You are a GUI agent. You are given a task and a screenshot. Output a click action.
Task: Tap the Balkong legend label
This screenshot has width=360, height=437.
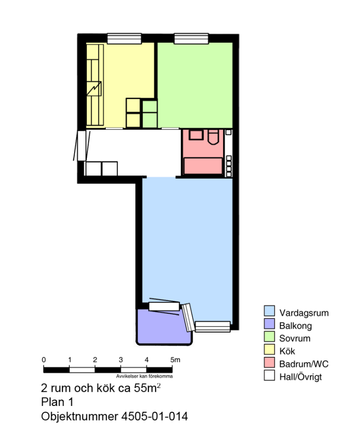pos(295,326)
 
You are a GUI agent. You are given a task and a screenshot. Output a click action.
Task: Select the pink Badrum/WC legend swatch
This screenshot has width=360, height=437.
pos(269,362)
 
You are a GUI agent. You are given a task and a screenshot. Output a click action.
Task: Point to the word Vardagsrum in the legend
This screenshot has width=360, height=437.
pos(304,313)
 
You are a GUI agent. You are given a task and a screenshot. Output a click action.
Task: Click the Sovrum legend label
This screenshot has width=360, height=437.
pos(295,338)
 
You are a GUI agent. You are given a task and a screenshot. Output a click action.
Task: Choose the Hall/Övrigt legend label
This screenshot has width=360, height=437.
pos(300,377)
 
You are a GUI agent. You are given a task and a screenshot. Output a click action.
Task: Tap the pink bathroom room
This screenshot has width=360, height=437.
pos(203,152)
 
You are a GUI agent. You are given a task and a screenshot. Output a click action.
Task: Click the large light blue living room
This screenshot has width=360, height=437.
pos(187,240)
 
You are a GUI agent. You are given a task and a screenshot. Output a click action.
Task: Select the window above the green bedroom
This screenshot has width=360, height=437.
pos(191,38)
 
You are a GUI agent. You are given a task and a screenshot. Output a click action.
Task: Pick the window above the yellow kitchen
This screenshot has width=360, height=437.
pos(124,38)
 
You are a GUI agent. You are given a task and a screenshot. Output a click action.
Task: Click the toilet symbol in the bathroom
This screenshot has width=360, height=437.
pos(213,137)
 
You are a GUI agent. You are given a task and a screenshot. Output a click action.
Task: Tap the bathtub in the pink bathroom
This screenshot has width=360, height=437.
pos(203,166)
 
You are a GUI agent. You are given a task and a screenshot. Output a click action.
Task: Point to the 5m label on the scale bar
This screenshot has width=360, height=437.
pos(176,360)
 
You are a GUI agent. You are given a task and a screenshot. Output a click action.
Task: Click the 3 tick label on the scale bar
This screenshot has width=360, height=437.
pos(120,360)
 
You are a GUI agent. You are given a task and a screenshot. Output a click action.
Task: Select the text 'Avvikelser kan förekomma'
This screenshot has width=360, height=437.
pos(144,376)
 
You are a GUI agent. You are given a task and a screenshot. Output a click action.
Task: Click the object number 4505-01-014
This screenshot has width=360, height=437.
pos(154,417)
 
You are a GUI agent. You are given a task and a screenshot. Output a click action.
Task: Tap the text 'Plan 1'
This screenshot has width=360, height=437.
pos(57,402)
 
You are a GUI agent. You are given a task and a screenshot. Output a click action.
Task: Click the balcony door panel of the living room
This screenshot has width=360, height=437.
pos(164,306)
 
